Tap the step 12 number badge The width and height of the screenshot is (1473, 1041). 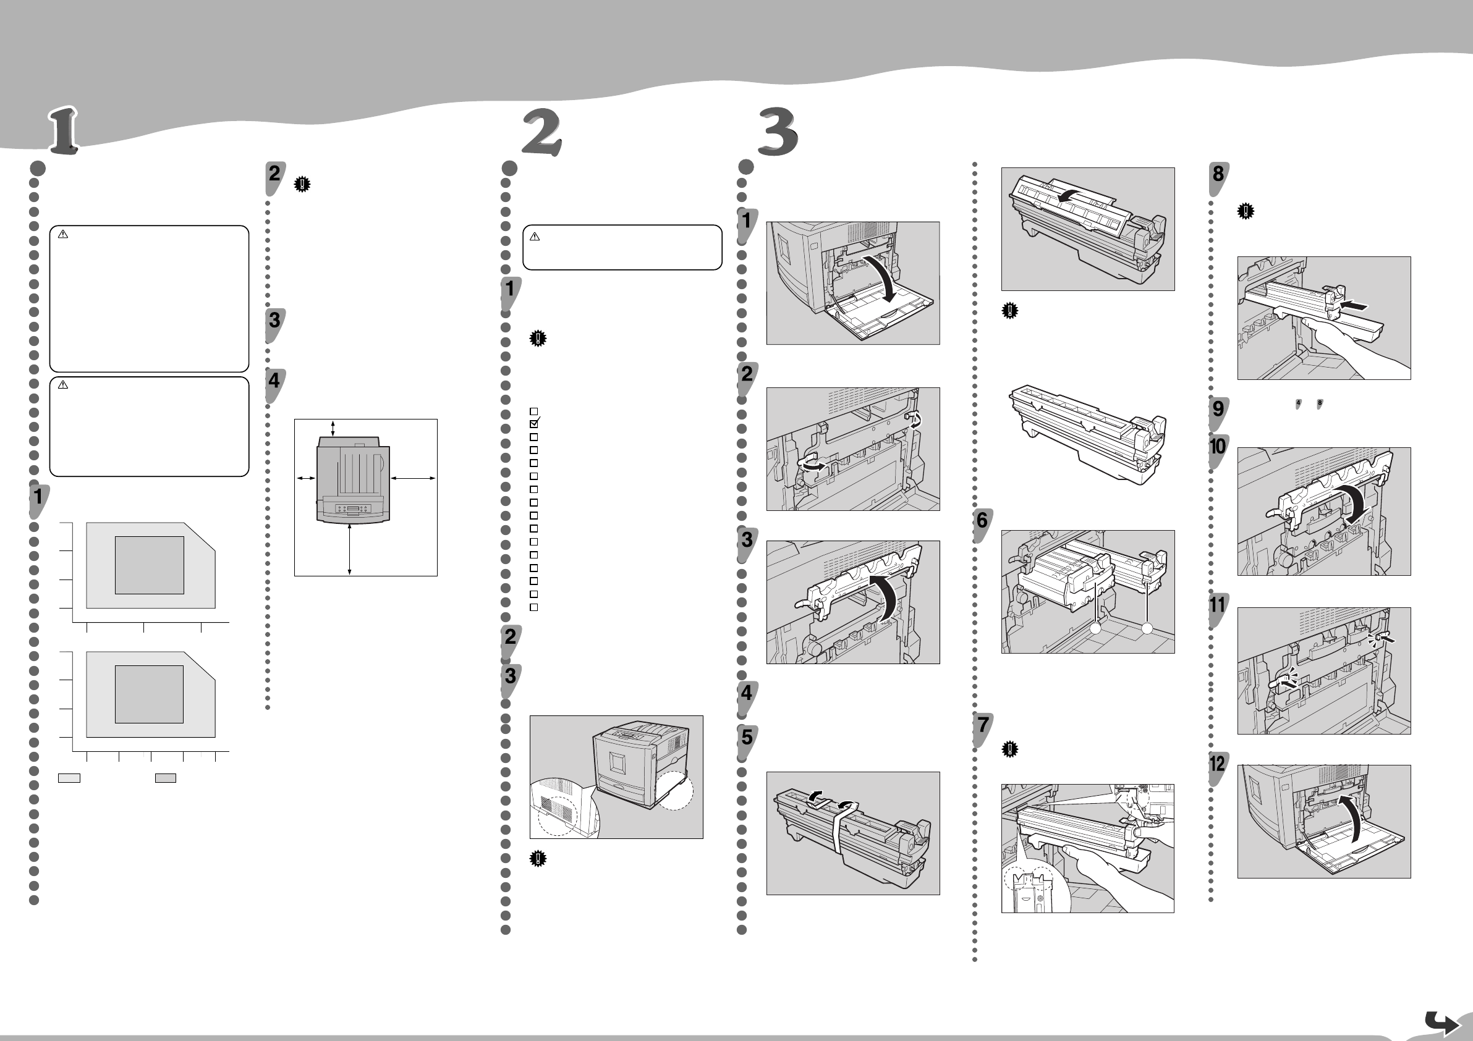pos(1218,765)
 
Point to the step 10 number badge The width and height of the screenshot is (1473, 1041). pos(1218,447)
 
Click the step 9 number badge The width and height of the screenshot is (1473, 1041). pos(1218,409)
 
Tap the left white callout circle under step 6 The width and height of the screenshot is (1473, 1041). pos(1096,630)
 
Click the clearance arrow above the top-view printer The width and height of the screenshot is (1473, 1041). pos(333,429)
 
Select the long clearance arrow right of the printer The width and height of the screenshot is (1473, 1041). pos(413,478)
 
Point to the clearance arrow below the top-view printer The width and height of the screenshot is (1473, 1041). pos(349,549)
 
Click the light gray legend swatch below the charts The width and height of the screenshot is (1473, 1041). pos(69,778)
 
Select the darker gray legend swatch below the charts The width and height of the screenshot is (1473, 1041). pos(166,778)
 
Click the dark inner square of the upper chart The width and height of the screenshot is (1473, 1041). pos(150,565)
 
